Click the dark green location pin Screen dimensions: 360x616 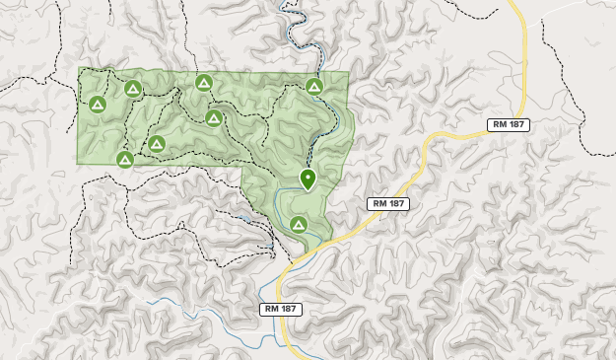point(308,179)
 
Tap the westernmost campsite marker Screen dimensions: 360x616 point(98,104)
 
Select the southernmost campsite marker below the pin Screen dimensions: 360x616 point(299,224)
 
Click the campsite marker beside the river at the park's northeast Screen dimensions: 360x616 point(314,87)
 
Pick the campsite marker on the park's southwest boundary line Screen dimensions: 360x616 point(125,159)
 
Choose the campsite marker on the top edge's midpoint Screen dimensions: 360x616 point(204,82)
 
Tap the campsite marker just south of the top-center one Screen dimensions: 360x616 point(214,118)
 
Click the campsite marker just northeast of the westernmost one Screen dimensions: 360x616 point(133,90)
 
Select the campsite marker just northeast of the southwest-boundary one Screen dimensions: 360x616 point(156,144)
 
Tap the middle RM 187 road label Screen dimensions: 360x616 point(387,203)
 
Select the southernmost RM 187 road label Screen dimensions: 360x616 point(281,309)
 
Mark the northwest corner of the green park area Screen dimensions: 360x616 point(79,70)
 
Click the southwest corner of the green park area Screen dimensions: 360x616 point(79,163)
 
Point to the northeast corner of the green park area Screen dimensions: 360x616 point(348,72)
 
